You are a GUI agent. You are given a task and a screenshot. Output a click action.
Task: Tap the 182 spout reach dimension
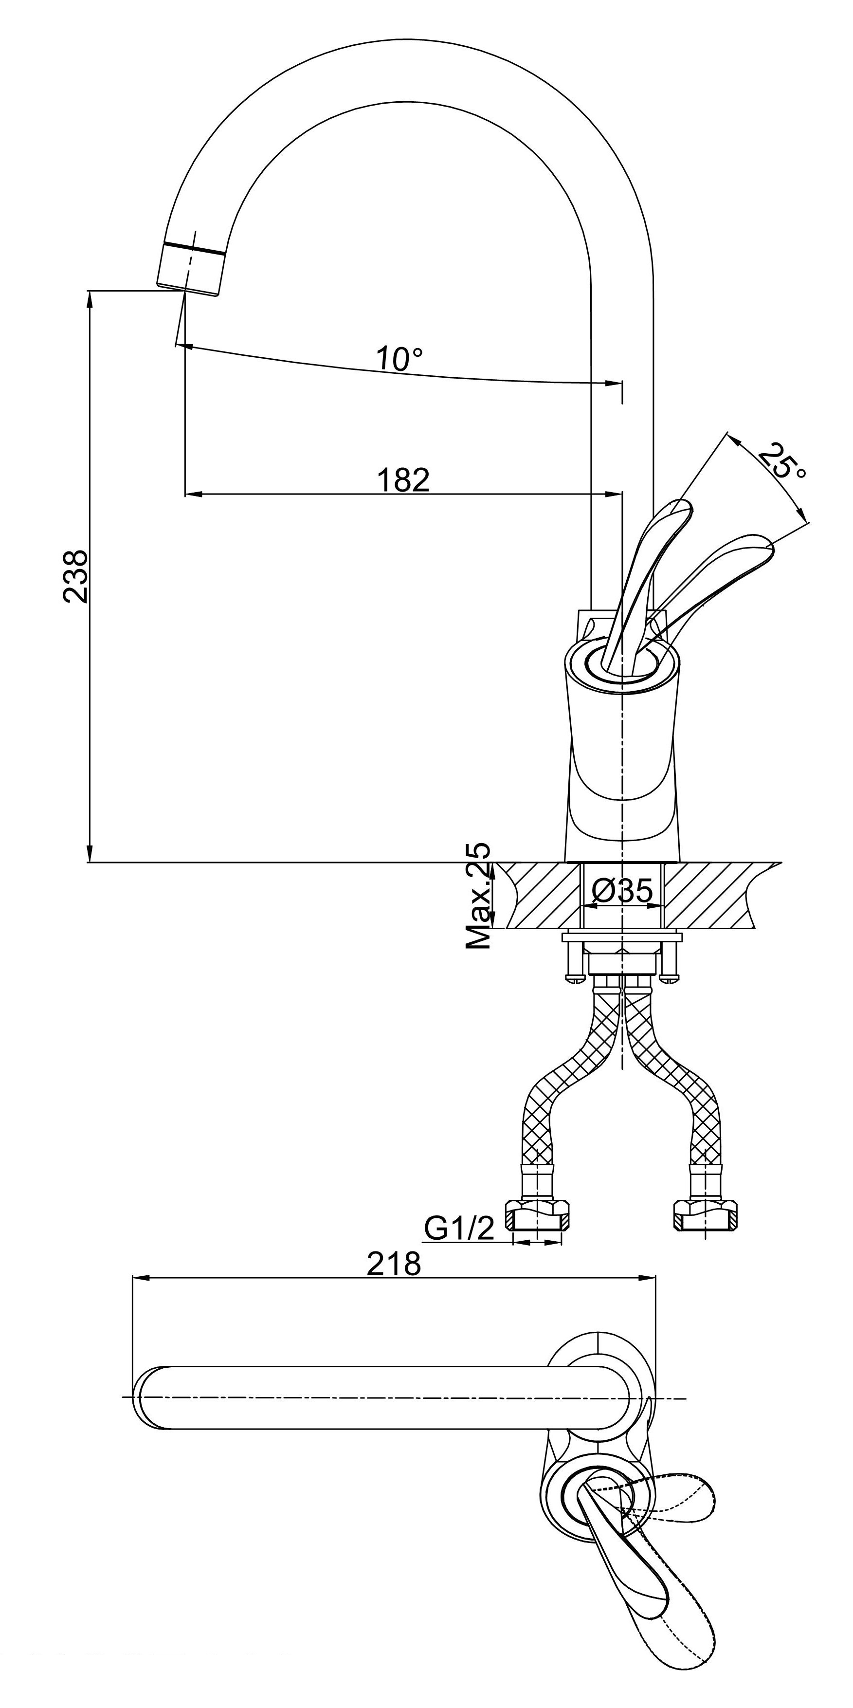click(x=403, y=479)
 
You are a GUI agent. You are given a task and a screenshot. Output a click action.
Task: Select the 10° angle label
click(x=399, y=359)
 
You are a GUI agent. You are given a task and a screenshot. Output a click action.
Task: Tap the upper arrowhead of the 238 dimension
click(x=90, y=298)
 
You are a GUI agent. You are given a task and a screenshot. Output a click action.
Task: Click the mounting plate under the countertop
click(x=622, y=937)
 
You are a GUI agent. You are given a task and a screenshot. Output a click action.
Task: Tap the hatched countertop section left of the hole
click(x=540, y=895)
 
